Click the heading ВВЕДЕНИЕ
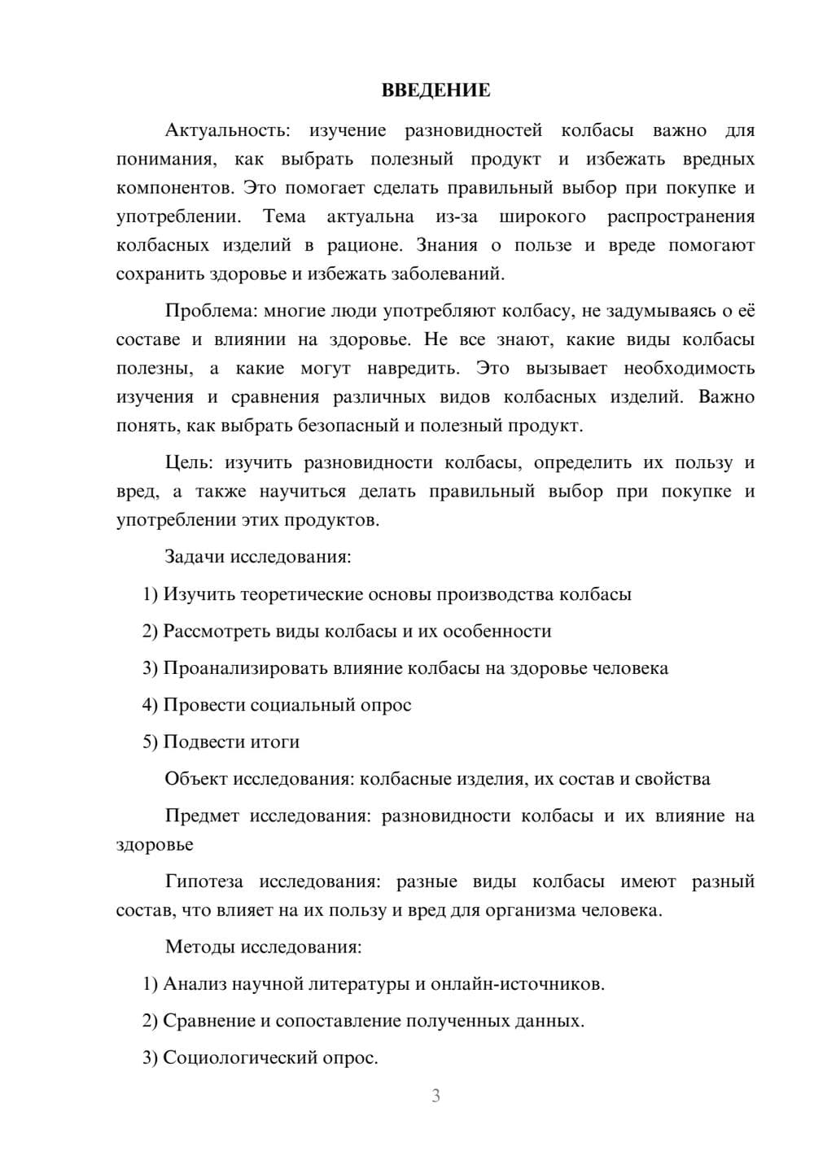(x=435, y=90)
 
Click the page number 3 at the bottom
(x=435, y=1096)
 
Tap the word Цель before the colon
(x=188, y=463)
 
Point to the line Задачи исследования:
(x=258, y=558)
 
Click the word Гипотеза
(x=204, y=882)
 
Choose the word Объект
(x=196, y=779)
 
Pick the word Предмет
(x=202, y=816)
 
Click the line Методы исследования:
(x=263, y=947)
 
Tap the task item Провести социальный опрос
(x=287, y=705)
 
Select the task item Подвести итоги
(x=231, y=742)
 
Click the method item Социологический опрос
(x=270, y=1058)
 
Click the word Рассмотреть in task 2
(x=213, y=632)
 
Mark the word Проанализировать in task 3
(x=245, y=668)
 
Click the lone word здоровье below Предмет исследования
(x=155, y=845)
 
